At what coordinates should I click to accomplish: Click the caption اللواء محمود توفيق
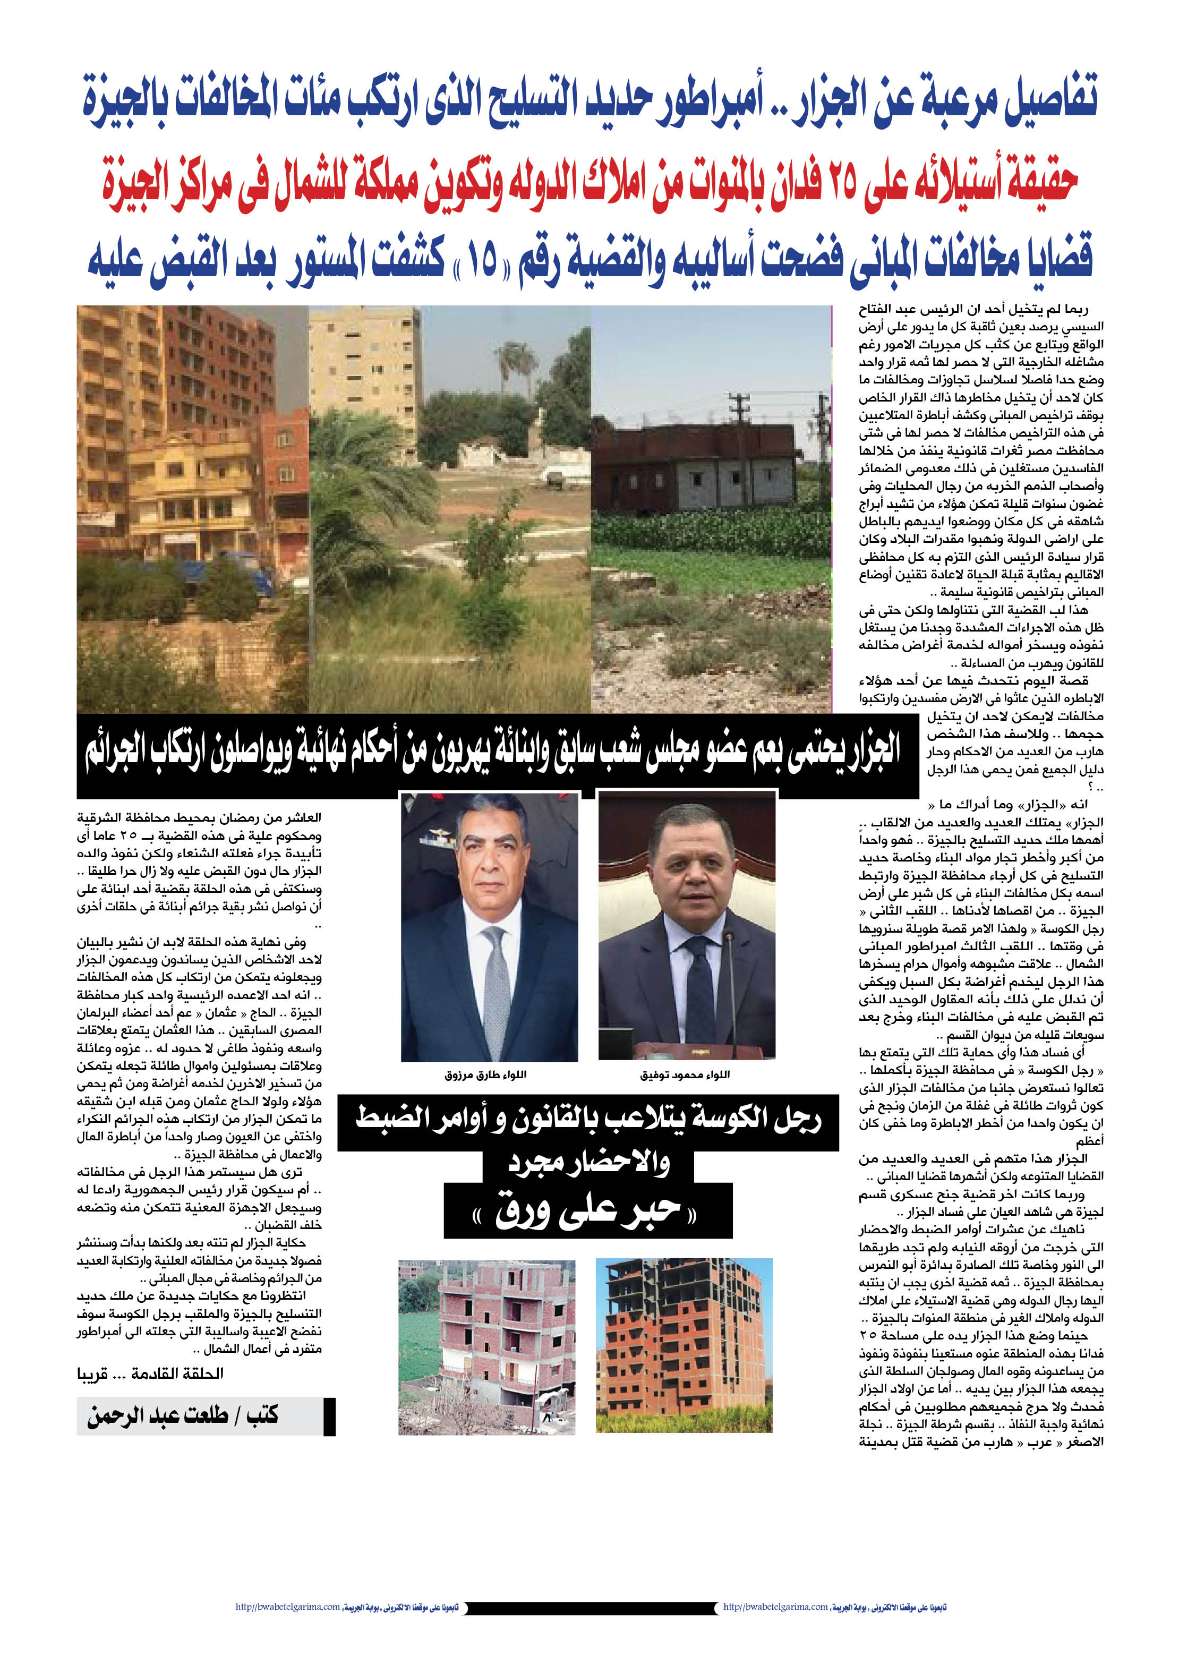pos(685,1075)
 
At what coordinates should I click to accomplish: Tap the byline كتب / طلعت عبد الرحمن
pos(183,1417)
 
